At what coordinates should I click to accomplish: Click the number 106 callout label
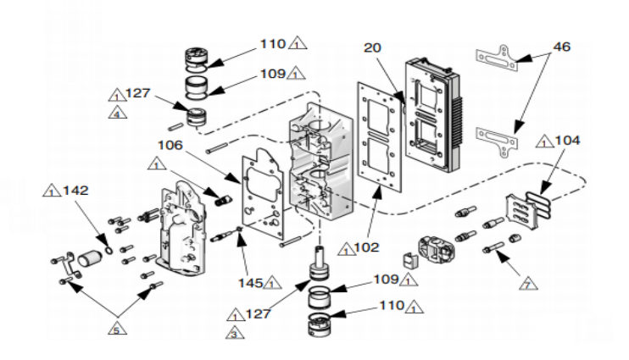tap(170, 144)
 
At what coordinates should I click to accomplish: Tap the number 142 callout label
tap(75, 191)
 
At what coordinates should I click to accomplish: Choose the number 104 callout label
tap(569, 141)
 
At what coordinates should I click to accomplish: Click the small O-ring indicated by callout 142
tap(105, 250)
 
